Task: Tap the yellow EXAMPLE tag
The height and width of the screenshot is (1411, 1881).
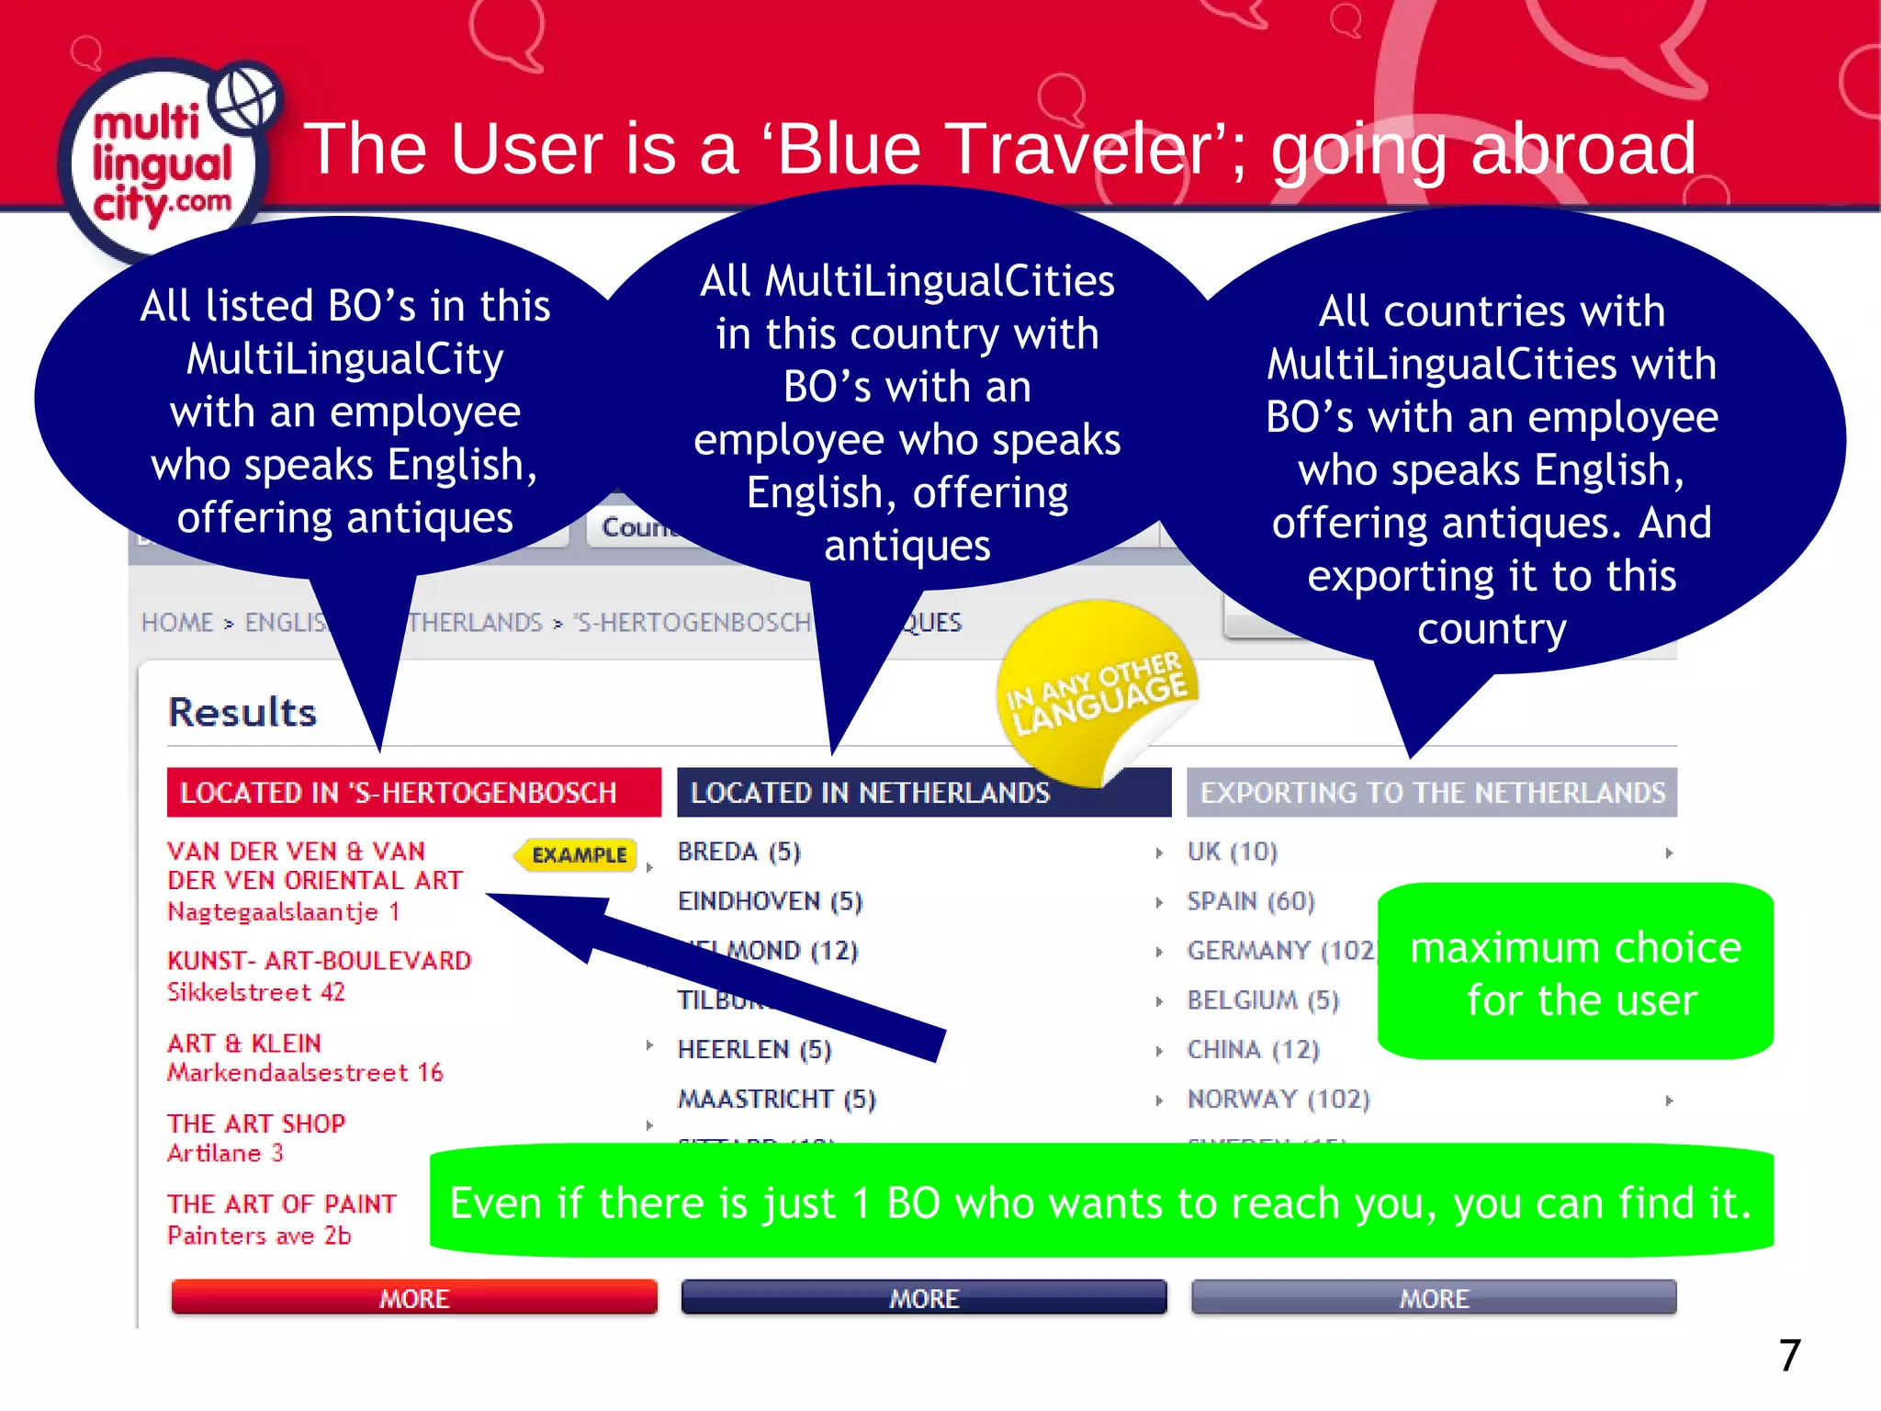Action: click(578, 855)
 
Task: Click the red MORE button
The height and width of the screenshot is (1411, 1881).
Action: click(414, 1297)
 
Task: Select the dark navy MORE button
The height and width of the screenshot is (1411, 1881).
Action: click(924, 1297)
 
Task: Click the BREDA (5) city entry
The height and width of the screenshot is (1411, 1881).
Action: click(739, 852)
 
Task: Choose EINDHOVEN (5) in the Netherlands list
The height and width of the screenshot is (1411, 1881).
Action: click(770, 902)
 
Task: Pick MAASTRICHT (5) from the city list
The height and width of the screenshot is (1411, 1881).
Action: click(777, 1099)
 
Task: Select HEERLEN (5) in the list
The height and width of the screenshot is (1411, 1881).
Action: click(754, 1049)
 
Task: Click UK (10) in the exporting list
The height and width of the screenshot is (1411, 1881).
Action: click(1232, 852)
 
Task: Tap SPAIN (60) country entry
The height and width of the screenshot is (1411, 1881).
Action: click(1251, 902)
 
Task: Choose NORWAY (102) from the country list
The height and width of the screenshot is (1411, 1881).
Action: click(1278, 1099)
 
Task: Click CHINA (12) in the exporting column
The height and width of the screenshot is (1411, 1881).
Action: click(1253, 1049)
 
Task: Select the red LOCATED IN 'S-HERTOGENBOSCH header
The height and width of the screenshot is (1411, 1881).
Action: click(413, 792)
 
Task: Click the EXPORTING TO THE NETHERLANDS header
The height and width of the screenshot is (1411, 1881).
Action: click(1432, 792)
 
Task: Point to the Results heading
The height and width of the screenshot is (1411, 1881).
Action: click(242, 713)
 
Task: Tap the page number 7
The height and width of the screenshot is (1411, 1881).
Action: click(1789, 1356)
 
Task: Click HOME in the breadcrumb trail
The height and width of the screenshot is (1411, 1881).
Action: click(177, 623)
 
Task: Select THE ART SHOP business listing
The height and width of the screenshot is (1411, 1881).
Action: click(256, 1124)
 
